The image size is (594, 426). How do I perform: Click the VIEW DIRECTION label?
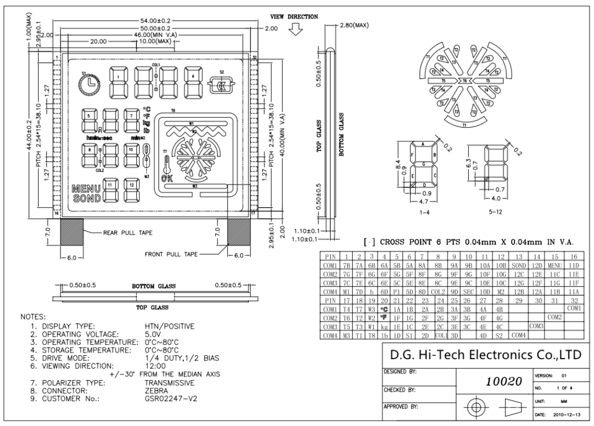[294, 16]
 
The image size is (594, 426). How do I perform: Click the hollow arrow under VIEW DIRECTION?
[296, 30]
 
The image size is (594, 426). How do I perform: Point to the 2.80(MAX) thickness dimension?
[354, 26]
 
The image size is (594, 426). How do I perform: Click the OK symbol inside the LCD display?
[166, 178]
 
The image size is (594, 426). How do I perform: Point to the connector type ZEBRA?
[157, 391]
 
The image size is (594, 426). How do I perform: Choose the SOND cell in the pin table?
[518, 265]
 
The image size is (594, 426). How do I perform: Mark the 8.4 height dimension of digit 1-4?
[397, 164]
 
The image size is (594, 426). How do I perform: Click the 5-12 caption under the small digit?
[496, 213]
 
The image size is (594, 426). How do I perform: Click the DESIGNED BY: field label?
[401, 370]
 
